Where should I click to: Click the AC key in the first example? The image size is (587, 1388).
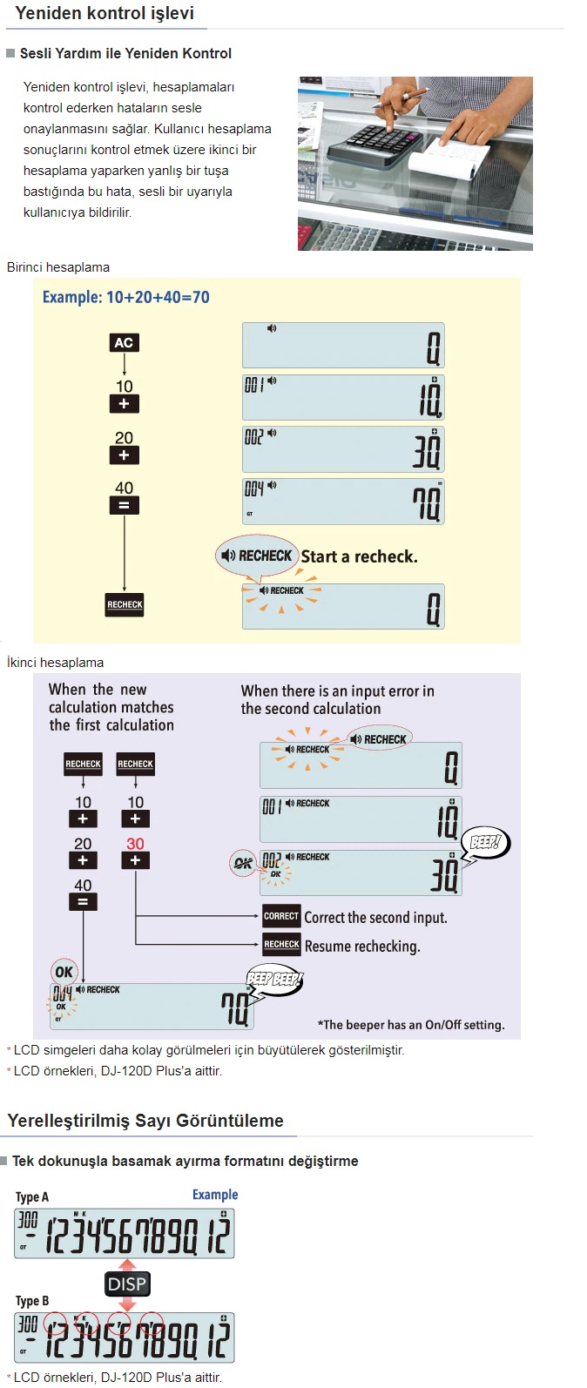[124, 342]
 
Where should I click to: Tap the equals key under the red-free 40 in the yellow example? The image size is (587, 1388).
[124, 505]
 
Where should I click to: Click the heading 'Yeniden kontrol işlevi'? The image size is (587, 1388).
[105, 13]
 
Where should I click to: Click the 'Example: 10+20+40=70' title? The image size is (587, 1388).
[126, 297]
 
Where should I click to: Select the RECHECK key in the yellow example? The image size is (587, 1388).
[125, 604]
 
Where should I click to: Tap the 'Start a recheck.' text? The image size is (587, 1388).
[359, 556]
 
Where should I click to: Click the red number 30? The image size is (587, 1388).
[135, 844]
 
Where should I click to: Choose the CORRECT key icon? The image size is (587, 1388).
[281, 916]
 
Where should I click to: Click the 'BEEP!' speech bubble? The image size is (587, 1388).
[486, 842]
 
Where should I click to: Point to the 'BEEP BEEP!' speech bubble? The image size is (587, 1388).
[274, 979]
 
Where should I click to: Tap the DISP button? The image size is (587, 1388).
[127, 1284]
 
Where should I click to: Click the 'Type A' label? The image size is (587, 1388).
[32, 1196]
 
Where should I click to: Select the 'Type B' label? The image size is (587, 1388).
[32, 1301]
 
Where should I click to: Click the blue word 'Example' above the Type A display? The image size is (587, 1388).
[215, 1195]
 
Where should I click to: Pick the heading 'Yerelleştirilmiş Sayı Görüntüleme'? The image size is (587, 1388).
[145, 1121]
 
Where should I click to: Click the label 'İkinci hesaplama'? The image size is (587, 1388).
[55, 663]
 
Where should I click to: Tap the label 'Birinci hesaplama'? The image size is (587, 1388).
[58, 267]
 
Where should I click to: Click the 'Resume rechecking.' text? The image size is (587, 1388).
[362, 946]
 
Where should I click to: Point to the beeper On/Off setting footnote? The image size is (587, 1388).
[411, 1025]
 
